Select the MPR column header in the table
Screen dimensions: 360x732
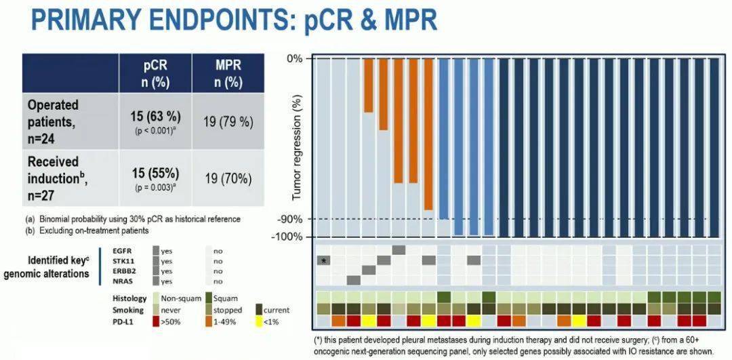[x=227, y=73]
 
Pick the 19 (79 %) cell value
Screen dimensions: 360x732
[x=228, y=122]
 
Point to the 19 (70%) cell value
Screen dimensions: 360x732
[x=228, y=179]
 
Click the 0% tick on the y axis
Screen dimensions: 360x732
[x=295, y=58]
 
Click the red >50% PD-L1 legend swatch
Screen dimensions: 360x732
[x=156, y=321]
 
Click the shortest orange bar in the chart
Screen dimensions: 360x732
[x=368, y=85]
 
